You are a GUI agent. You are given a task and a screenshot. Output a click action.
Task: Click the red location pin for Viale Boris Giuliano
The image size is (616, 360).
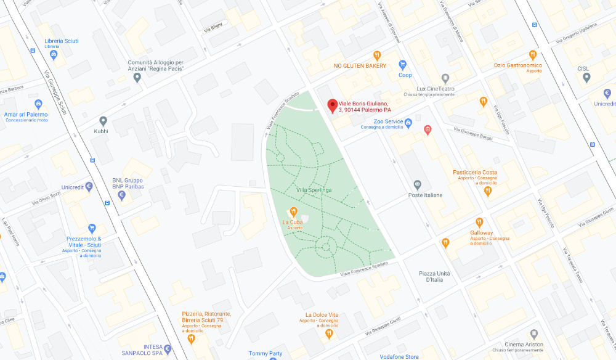point(333,105)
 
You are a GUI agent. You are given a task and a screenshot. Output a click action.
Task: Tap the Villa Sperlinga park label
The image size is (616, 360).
point(314,190)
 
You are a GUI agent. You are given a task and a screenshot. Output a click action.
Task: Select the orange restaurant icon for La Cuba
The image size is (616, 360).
point(294,211)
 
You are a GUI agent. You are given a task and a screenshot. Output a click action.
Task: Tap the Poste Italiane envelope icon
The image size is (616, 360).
point(418,184)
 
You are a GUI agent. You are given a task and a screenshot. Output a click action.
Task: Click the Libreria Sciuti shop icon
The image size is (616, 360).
point(54,55)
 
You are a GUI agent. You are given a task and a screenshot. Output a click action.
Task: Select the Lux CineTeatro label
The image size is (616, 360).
point(436,89)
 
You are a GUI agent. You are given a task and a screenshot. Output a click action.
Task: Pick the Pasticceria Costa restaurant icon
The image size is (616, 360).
point(488,191)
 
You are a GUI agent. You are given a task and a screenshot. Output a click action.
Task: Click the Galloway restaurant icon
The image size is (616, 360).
point(480,223)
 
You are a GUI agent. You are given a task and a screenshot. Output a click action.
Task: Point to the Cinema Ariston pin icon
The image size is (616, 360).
point(534,333)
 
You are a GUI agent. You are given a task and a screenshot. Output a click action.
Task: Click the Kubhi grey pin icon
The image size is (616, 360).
point(103,121)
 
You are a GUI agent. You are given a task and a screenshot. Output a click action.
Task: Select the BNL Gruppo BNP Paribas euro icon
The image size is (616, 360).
point(121,195)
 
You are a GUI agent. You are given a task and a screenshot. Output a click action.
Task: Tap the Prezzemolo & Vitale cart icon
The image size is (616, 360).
point(92,229)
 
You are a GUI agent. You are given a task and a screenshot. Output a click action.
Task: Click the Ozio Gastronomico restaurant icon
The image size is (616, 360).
point(533,55)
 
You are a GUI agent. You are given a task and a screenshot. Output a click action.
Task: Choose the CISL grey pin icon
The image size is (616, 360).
point(586,78)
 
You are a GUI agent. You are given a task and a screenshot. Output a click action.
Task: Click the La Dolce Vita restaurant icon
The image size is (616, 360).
point(330,333)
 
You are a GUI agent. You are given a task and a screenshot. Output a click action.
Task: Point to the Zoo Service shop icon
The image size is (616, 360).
point(408,122)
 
